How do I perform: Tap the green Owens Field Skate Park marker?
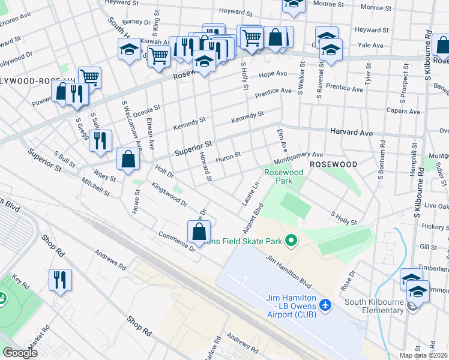point(291,241)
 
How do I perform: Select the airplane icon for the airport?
point(325,304)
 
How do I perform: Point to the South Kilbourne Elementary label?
point(367,310)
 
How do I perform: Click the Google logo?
point(20,353)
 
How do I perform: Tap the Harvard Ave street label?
point(351,132)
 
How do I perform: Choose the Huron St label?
point(228,157)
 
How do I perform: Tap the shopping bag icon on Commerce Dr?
point(199,232)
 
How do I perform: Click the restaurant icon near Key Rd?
point(60,280)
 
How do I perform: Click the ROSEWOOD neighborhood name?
point(333,164)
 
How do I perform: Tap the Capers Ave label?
point(403,111)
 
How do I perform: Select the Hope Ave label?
point(273,74)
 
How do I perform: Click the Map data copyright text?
point(424,355)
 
